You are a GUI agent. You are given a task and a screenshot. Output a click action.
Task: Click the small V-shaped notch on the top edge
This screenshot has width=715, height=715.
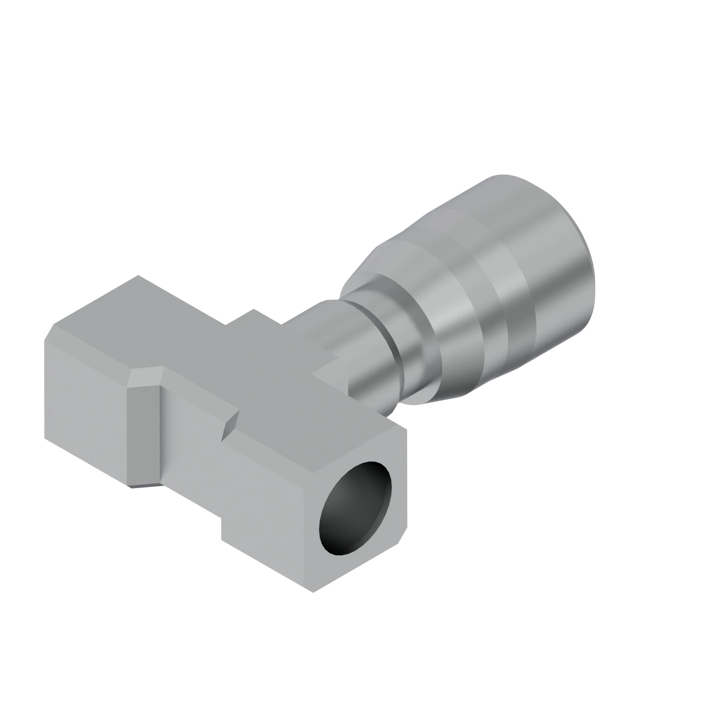coord(231,425)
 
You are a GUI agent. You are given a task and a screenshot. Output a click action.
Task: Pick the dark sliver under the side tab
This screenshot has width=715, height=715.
coord(146,485)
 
